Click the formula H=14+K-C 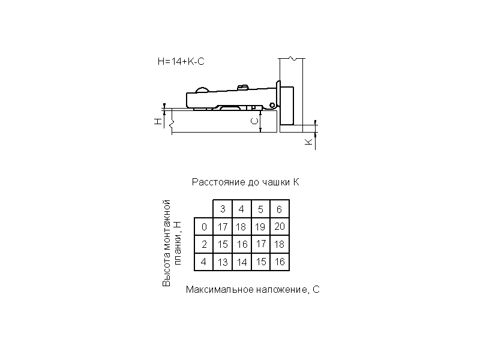point(181,62)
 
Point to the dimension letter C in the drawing point(254,121)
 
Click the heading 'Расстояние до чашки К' point(245,182)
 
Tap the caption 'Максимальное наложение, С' point(253,290)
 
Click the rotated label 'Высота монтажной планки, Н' point(172,243)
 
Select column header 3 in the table point(223,209)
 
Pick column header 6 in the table point(280,209)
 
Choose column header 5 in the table point(260,209)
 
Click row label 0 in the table point(204,227)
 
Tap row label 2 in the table point(204,244)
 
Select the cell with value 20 point(280,226)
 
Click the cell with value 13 point(223,262)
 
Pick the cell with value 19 point(260,227)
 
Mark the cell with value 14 point(242,262)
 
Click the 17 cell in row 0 point(223,227)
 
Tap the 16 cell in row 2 point(242,244)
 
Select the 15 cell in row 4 point(260,262)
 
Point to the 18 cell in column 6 point(280,244)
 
